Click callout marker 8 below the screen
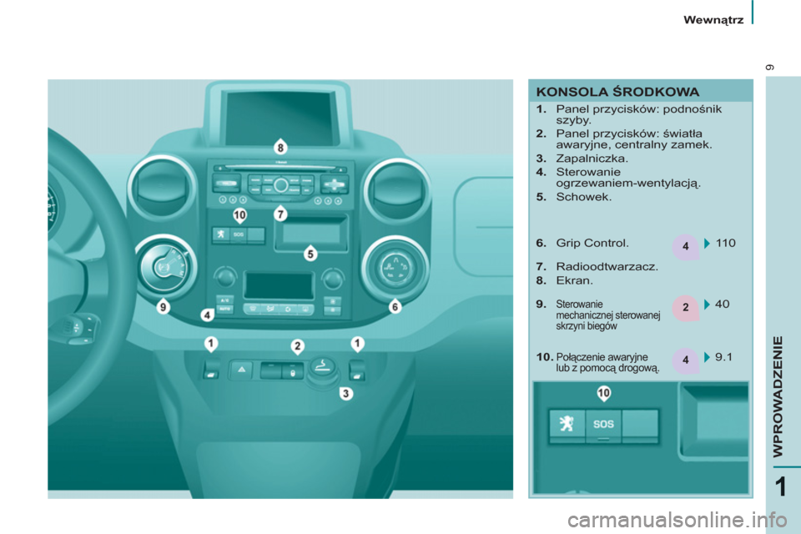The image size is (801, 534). (280, 149)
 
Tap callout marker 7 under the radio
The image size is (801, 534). (280, 214)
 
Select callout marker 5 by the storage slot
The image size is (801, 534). (310, 254)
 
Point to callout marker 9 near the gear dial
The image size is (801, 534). (163, 306)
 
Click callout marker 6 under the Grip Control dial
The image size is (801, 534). (395, 306)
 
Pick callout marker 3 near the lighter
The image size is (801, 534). (346, 393)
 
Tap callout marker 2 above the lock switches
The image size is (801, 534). (297, 346)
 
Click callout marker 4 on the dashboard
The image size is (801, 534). (207, 315)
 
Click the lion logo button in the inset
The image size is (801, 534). (567, 424)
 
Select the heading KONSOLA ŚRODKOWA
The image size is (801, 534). (617, 92)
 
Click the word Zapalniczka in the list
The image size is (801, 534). (592, 159)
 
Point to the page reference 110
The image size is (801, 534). (725, 244)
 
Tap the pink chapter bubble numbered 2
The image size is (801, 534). (685, 307)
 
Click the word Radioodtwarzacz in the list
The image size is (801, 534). (607, 266)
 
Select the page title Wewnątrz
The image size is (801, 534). (713, 20)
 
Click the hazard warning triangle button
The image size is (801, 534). (242, 370)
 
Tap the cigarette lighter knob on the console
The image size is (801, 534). (323, 367)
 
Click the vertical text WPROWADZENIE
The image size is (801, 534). (778, 396)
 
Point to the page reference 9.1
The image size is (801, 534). (723, 356)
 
